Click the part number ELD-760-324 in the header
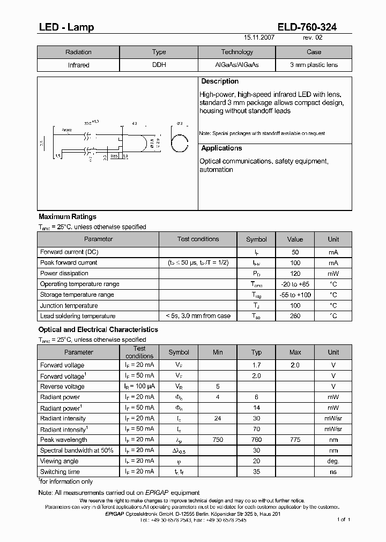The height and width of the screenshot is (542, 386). click(x=307, y=27)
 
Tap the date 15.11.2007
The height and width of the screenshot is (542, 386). click(x=259, y=39)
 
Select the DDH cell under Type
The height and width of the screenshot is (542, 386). click(x=159, y=65)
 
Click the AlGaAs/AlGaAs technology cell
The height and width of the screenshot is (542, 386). click(x=236, y=65)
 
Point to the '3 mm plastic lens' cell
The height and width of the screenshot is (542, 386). click(x=314, y=65)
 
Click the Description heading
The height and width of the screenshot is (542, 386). click(x=220, y=81)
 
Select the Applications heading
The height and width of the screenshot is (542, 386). click(x=221, y=148)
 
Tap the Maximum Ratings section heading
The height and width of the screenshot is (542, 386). click(x=68, y=217)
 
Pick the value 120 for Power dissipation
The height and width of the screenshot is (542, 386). click(x=295, y=273)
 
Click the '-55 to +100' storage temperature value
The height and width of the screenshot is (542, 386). click(x=295, y=295)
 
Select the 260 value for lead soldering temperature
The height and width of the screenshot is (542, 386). click(x=295, y=316)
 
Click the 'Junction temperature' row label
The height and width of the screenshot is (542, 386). click(x=69, y=306)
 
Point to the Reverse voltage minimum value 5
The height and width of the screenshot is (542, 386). click(x=218, y=386)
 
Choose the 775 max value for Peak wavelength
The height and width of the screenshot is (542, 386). click(x=295, y=440)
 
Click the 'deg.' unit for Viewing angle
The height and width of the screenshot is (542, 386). click(x=333, y=461)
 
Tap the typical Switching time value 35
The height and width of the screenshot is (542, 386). click(x=256, y=472)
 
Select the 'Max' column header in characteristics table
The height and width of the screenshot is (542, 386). click(x=295, y=352)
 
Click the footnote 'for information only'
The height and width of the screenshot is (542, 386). click(x=66, y=481)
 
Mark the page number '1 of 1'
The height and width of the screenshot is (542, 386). click(x=344, y=520)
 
